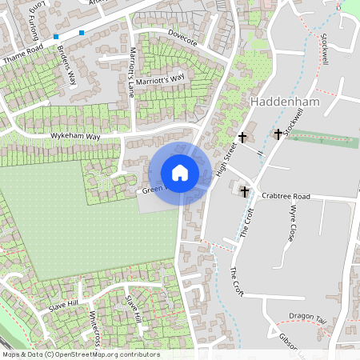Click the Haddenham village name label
point(284,102)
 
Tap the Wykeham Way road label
point(77,137)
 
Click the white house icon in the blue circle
point(180,173)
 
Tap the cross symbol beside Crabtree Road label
point(245,192)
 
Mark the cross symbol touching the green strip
point(278,134)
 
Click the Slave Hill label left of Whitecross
point(63,305)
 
